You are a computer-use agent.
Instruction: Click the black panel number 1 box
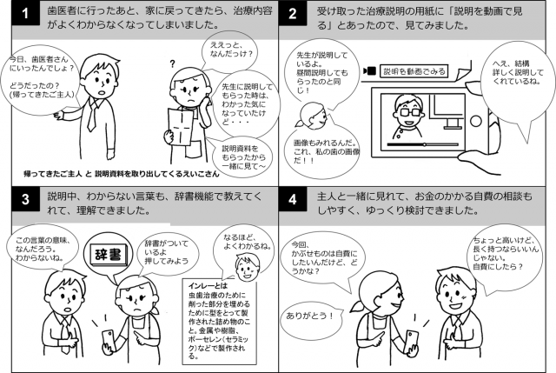pyautogui.click(x=25, y=14)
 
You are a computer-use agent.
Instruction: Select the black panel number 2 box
pyautogui.click(x=293, y=14)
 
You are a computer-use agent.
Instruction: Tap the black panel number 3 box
pyautogui.click(x=25, y=199)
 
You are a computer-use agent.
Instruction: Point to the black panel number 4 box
pyautogui.click(x=293, y=199)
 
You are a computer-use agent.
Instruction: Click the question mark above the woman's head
pyautogui.click(x=172, y=64)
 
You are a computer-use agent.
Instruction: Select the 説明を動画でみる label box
pyautogui.click(x=414, y=71)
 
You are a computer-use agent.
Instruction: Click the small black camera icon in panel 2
pyautogui.click(x=370, y=71)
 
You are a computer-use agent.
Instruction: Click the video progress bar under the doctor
pyautogui.click(x=422, y=144)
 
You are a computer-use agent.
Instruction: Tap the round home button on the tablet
pyautogui.click(x=475, y=122)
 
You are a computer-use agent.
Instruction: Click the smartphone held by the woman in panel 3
pyautogui.click(x=108, y=341)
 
